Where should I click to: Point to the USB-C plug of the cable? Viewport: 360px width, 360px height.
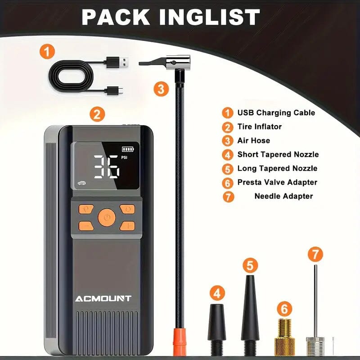(x=113, y=92)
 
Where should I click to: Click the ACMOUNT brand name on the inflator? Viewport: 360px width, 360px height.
(x=103, y=298)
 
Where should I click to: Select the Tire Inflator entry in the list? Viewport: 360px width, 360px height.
(x=259, y=126)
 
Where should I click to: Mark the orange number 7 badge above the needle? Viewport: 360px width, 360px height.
(x=315, y=254)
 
